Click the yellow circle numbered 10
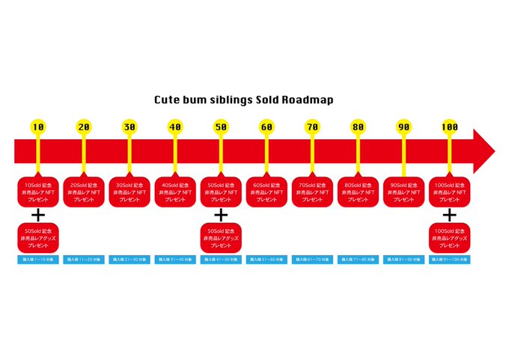click(38, 127)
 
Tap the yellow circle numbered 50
click(221, 127)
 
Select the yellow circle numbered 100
click(449, 127)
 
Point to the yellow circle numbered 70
click(312, 127)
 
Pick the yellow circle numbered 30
click(129, 127)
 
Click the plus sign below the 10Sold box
click(38, 216)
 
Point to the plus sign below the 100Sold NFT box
click(449, 216)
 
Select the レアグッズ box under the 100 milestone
click(449, 237)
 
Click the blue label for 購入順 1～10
click(38, 260)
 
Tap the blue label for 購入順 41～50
click(221, 260)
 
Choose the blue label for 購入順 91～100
click(449, 260)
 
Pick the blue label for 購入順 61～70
click(312, 260)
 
